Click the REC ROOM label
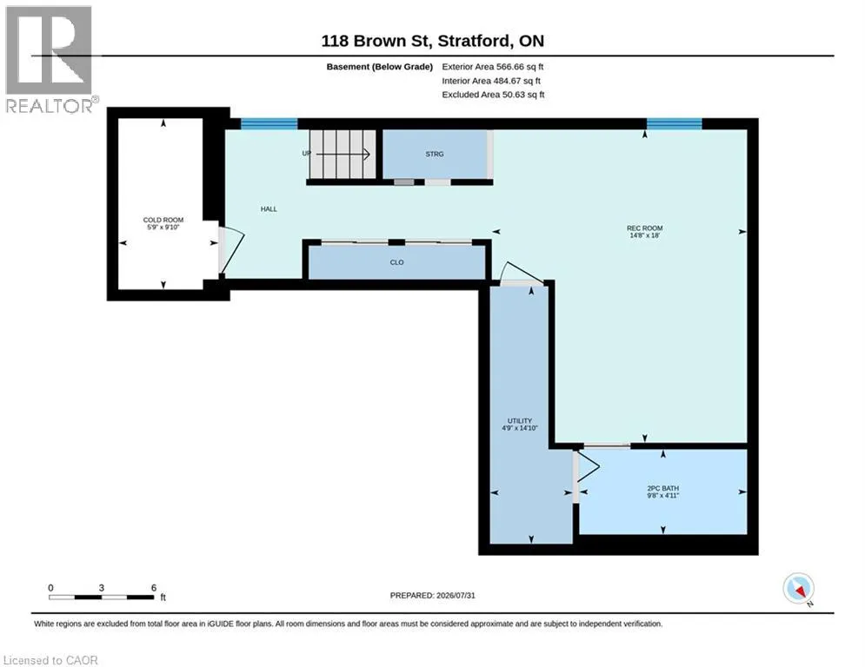644,228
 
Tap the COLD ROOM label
163,220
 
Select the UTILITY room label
520,420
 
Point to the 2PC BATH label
663,488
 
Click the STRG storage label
435,155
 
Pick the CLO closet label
396,262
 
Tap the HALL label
269,209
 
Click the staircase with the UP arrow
342,155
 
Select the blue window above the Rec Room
674,123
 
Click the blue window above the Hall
269,123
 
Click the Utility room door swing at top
522,273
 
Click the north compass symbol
799,589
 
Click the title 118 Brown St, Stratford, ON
433,41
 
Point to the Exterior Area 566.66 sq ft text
493,67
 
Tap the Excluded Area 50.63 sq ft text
493,95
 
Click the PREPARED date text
433,595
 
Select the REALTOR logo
50,60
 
